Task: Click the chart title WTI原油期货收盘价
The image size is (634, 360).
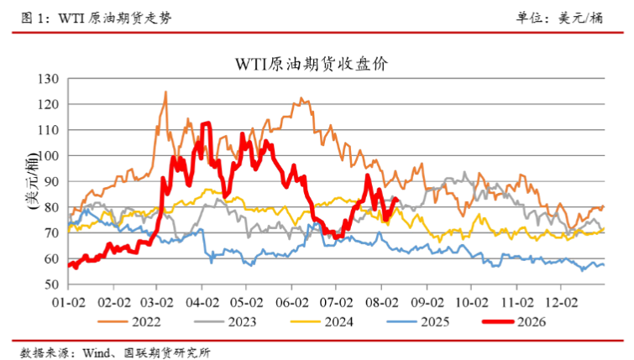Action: tap(312, 64)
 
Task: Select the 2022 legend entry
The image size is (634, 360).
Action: tap(129, 321)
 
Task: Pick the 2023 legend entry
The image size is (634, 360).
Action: tap(225, 321)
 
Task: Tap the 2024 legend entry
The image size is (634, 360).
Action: tap(322, 321)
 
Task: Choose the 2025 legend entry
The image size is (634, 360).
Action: tap(418, 321)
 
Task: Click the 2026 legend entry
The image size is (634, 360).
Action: tap(514, 321)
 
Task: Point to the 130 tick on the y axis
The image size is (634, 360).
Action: tap(48, 79)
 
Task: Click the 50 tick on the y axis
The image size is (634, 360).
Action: tap(52, 284)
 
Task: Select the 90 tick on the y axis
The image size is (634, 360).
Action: tap(52, 181)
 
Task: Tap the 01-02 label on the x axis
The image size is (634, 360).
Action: tap(68, 302)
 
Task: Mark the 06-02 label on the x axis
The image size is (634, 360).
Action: tap(292, 302)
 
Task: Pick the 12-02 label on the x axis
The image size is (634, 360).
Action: tap(561, 302)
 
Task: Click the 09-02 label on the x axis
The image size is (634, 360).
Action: tap(427, 302)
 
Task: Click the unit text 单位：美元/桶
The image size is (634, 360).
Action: tap(559, 18)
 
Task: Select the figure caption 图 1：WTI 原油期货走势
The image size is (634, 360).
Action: tap(97, 18)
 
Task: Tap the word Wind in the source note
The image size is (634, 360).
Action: tap(97, 352)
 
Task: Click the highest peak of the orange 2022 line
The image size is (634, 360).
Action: tap(165, 91)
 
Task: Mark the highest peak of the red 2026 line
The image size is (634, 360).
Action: tap(207, 123)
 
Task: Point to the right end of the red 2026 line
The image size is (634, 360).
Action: tap(398, 199)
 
